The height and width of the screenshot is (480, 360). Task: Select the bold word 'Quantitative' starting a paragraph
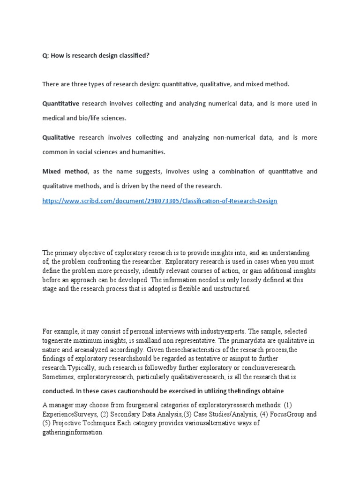point(61,103)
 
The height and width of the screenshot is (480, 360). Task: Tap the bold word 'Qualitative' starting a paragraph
point(59,137)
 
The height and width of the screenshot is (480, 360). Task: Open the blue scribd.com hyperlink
point(160,201)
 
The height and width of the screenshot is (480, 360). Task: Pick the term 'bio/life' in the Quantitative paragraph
point(87,118)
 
